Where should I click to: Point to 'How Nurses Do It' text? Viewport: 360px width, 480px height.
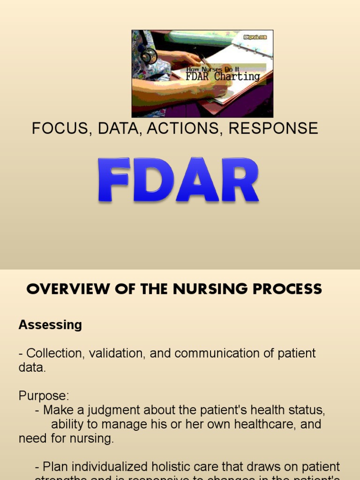pos(210,68)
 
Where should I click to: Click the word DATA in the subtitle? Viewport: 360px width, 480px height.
pos(120,128)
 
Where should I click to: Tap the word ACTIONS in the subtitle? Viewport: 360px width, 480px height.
pos(185,128)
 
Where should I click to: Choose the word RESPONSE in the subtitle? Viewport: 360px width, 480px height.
pos(273,128)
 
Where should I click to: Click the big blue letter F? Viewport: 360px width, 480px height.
pos(114,180)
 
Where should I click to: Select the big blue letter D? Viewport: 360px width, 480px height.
pos(153,180)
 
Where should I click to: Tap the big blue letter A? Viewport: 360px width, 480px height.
pos(196,180)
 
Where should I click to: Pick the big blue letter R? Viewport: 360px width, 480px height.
pos(239,180)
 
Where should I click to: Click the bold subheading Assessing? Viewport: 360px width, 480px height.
pos(50,325)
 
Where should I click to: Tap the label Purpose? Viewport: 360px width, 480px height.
pos(44,396)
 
